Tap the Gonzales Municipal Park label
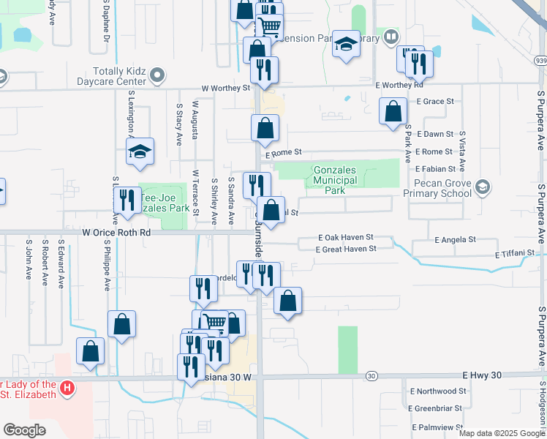pos(334,180)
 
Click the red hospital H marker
pos(67,386)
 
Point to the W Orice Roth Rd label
pos(116,232)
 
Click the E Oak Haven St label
pos(346,238)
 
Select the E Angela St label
pos(455,239)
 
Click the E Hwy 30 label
pos(483,375)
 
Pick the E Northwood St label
pos(437,391)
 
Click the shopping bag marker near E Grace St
pos(393,111)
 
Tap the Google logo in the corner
pos(25,430)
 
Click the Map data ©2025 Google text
pos(502,433)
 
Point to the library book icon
pos(392,37)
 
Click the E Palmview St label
pos(437,427)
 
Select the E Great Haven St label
pos(345,249)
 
